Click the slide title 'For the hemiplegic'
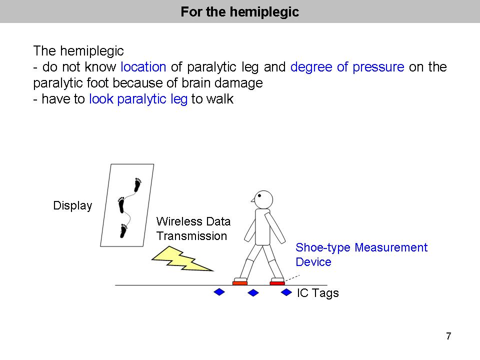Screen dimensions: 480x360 239,11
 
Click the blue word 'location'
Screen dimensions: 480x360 143,66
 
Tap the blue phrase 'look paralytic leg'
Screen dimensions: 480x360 138,99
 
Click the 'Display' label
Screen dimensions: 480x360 72,205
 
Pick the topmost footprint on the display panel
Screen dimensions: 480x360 138,185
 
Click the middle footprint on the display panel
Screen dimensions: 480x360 121,205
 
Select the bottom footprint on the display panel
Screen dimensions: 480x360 123,231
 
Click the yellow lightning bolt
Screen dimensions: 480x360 182,259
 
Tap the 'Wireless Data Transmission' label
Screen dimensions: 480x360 193,228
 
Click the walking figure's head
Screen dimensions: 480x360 262,200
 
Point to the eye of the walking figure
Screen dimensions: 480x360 259,195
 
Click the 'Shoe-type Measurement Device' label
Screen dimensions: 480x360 361,254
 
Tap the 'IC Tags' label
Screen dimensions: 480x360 318,293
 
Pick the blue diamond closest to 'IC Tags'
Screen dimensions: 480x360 286,292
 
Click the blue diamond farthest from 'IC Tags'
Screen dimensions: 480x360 219,292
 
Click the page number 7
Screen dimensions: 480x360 448,336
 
